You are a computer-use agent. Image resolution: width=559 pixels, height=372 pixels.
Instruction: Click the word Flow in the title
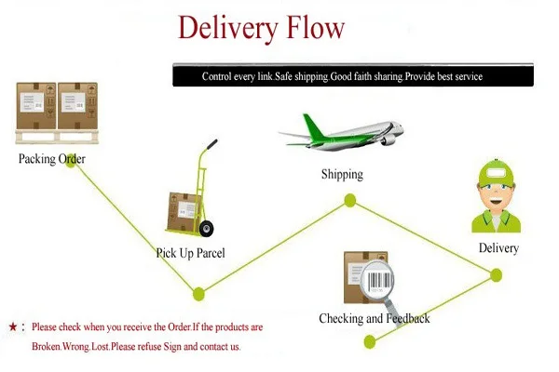pos(315,28)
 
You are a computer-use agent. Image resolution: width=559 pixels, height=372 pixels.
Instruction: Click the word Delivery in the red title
pos(227,29)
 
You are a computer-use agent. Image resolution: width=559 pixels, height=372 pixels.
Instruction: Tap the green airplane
pos(342,132)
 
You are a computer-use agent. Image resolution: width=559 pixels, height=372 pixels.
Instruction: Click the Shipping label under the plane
pos(342,175)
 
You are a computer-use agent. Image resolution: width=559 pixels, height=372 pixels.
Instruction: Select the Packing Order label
pos(51,159)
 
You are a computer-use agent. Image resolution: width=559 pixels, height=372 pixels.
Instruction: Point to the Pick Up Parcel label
pos(191,253)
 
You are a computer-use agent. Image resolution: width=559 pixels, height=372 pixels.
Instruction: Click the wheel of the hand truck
pos(207,228)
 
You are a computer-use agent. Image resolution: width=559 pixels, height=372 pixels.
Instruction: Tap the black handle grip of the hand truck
pos(211,144)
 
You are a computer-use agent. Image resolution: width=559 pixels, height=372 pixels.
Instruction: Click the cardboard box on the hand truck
pos(184,212)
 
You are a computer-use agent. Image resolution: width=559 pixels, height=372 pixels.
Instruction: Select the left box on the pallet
pos(36,106)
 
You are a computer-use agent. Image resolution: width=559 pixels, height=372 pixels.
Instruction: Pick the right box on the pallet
pos(77,106)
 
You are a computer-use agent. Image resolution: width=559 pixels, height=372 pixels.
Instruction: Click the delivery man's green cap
pos(496,174)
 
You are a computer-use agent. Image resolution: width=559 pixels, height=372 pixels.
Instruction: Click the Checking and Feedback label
pos(375,318)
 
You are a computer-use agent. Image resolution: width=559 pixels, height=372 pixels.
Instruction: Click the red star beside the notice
pos(13,326)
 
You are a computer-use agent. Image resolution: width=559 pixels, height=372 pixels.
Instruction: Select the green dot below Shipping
pos(350,201)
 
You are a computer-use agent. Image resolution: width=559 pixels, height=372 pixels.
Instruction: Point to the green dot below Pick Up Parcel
pos(199,295)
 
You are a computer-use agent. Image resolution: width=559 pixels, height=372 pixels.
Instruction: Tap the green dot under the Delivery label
pos(496,275)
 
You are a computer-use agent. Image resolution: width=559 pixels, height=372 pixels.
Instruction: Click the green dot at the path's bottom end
pos(370,342)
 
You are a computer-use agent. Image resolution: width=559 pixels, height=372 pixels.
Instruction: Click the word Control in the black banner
pos(217,76)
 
